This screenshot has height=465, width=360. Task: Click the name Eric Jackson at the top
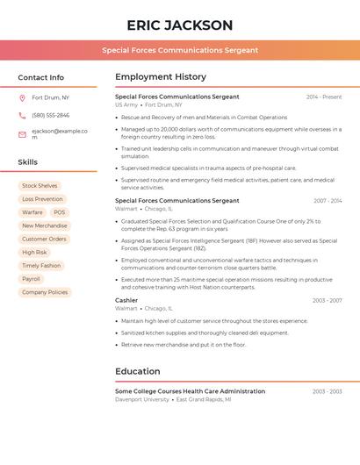179,25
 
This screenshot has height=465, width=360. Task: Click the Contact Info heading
40,77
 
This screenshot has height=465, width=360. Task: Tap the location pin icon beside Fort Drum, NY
22,98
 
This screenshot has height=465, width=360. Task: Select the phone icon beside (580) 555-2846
22,115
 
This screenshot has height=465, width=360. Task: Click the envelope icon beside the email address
22,134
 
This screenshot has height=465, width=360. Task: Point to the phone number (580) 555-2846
50,115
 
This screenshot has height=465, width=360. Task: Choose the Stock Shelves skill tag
40,186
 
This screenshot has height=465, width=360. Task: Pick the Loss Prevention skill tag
42,199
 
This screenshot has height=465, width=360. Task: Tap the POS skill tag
59,212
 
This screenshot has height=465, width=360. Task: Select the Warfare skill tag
32,212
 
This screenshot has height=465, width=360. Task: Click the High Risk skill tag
34,252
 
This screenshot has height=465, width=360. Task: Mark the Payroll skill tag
31,279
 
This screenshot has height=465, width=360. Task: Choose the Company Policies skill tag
45,292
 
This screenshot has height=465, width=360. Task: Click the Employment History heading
161,77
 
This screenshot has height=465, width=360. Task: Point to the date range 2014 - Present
324,97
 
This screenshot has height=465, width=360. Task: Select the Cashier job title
126,300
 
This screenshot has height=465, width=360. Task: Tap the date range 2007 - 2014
328,201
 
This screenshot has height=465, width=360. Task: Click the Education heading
138,371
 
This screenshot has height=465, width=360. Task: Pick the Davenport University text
142,399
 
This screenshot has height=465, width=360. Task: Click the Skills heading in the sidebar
28,162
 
